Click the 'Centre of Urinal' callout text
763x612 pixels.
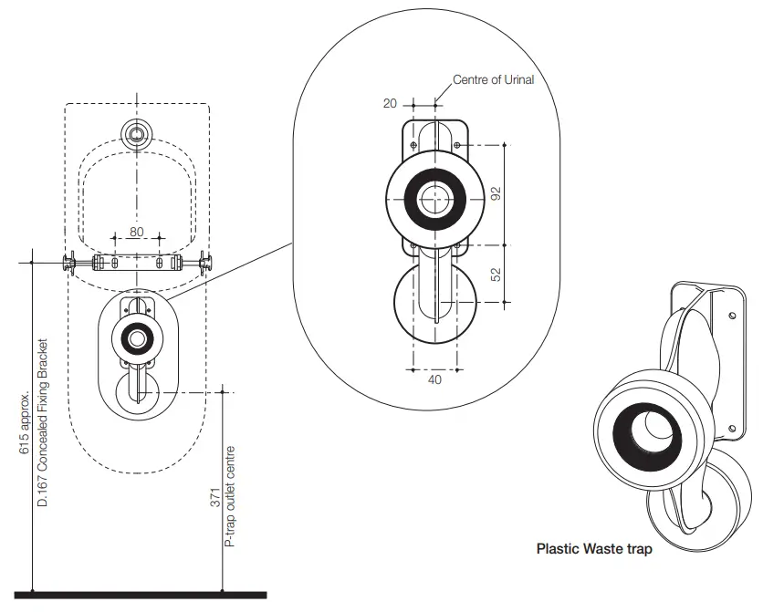click(493, 80)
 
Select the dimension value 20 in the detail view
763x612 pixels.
click(390, 104)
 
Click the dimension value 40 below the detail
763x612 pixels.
click(434, 379)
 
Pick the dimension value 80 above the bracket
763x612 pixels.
click(136, 232)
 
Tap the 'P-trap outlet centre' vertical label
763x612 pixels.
click(231, 496)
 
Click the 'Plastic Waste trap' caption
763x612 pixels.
click(594, 549)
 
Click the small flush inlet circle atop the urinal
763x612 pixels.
click(137, 133)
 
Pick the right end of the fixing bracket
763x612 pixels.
click(206, 264)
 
